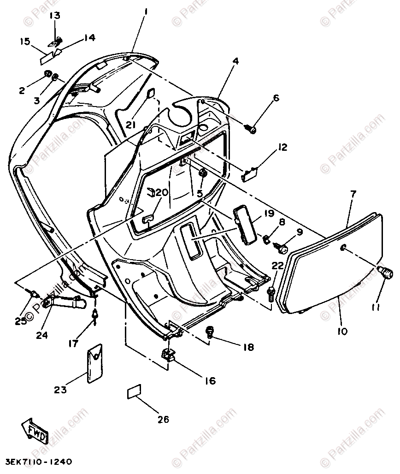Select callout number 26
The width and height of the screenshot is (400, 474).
pos(163,419)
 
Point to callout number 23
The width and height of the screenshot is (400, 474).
pos(60,390)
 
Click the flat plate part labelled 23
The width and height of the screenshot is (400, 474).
pos(96,364)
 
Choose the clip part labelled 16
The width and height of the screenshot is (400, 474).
pos(168,355)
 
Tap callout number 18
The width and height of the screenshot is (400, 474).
pos(248,347)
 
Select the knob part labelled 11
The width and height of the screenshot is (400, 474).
pos(385,273)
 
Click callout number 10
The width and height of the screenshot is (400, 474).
pos(342,330)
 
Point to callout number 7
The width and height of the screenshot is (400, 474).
pos(353,194)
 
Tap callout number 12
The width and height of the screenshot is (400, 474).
pos(282,147)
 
